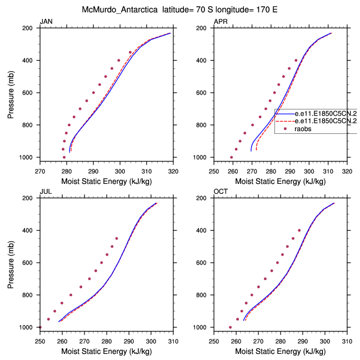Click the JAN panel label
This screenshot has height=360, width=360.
(46, 22)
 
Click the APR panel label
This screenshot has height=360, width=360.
(221, 22)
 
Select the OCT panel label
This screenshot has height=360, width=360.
(221, 192)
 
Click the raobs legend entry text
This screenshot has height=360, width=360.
(303, 128)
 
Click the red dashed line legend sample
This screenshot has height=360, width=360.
(284, 121)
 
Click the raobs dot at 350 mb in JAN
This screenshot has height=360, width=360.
(131, 52)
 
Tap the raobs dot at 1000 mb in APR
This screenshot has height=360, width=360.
(232, 157)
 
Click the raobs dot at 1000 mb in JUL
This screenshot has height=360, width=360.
(40, 327)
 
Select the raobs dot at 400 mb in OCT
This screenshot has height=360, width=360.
(299, 231)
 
